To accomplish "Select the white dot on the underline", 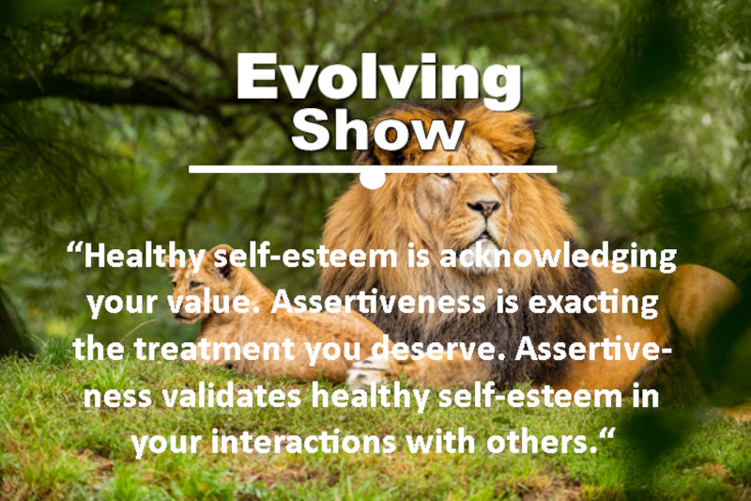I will (x=373, y=178).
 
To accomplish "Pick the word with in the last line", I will (x=455, y=440).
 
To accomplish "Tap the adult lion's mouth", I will (x=485, y=229).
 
